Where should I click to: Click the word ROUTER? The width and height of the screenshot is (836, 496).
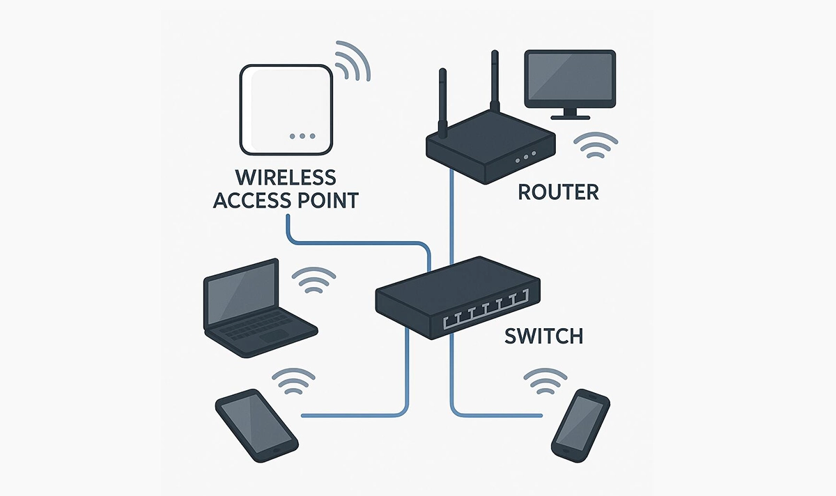click(x=558, y=191)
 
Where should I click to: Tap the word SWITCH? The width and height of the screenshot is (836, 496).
click(x=543, y=336)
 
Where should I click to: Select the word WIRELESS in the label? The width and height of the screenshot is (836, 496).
click(x=285, y=177)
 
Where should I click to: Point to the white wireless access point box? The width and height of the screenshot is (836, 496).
click(x=285, y=109)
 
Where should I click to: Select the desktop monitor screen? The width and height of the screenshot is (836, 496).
click(x=570, y=77)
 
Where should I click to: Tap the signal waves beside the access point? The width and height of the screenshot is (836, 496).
click(x=353, y=61)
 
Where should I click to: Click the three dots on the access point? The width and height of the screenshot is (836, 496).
click(x=302, y=136)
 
